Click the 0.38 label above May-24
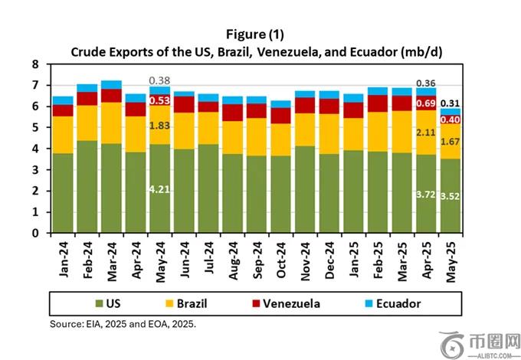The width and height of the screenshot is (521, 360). coord(159,80)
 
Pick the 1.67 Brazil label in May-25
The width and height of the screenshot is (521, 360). coord(451,142)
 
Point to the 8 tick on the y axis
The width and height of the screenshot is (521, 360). coord(34,65)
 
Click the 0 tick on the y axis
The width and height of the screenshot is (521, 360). coord(34,233)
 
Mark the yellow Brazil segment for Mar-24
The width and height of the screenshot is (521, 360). coord(111,123)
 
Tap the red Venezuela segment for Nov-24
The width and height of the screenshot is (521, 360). coord(305,105)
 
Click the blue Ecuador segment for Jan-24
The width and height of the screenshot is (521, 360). coord(63,100)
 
